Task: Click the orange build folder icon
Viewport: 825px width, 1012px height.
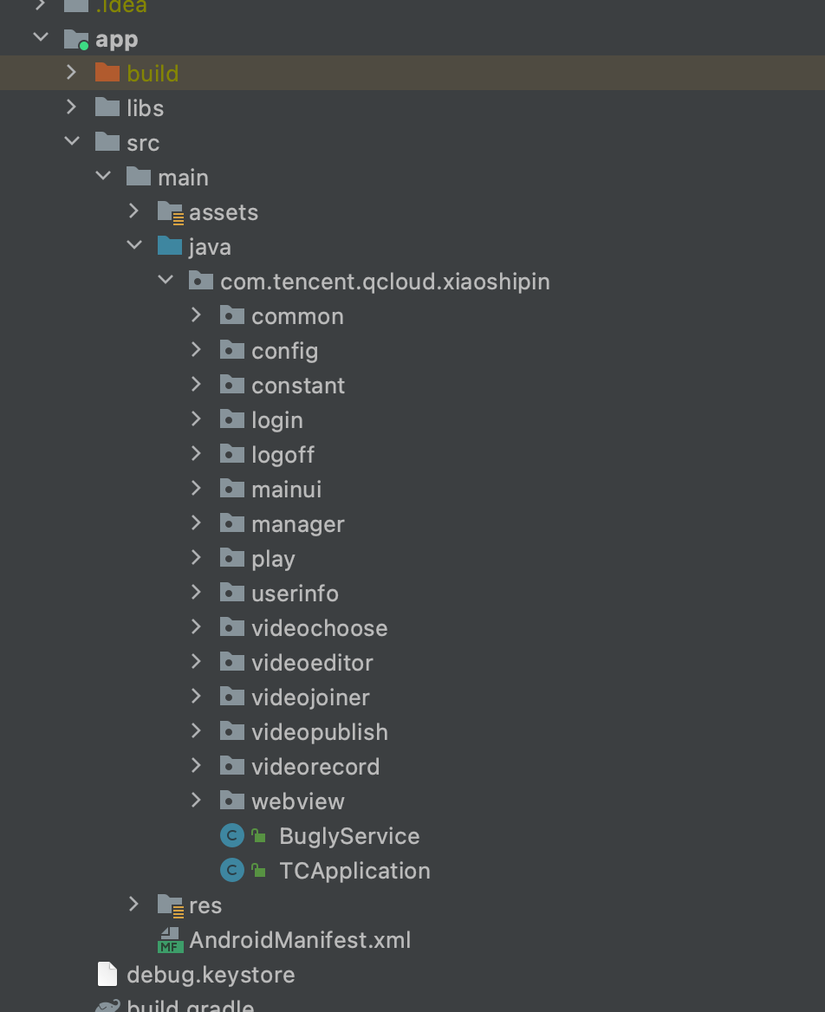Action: tap(107, 73)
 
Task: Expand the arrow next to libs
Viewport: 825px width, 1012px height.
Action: tap(72, 107)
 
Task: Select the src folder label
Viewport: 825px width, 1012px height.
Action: tap(143, 143)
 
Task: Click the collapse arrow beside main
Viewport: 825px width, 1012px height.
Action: tap(103, 177)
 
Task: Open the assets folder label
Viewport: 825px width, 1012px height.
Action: tap(224, 212)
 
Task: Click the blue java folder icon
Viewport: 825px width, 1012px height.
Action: tap(170, 246)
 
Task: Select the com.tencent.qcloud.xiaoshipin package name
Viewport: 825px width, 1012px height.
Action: tap(385, 282)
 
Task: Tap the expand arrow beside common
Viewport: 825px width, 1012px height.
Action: tap(197, 315)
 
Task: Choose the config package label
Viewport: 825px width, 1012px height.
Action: tap(284, 351)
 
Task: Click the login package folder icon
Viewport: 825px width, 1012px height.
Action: tap(232, 419)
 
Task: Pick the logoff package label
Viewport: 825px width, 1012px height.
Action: tap(283, 455)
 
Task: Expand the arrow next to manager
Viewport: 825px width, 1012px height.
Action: tap(197, 523)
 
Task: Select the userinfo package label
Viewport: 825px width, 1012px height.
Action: tap(295, 594)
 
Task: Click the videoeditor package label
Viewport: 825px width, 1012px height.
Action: tap(312, 663)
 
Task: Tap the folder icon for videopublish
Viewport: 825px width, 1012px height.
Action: tap(232, 731)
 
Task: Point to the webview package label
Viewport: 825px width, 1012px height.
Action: tap(298, 801)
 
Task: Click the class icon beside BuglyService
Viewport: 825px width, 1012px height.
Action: tap(232, 835)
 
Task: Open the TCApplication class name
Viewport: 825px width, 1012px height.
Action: tap(354, 871)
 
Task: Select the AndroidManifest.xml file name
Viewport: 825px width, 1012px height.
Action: tap(300, 940)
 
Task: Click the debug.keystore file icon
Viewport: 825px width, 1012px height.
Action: tap(107, 974)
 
